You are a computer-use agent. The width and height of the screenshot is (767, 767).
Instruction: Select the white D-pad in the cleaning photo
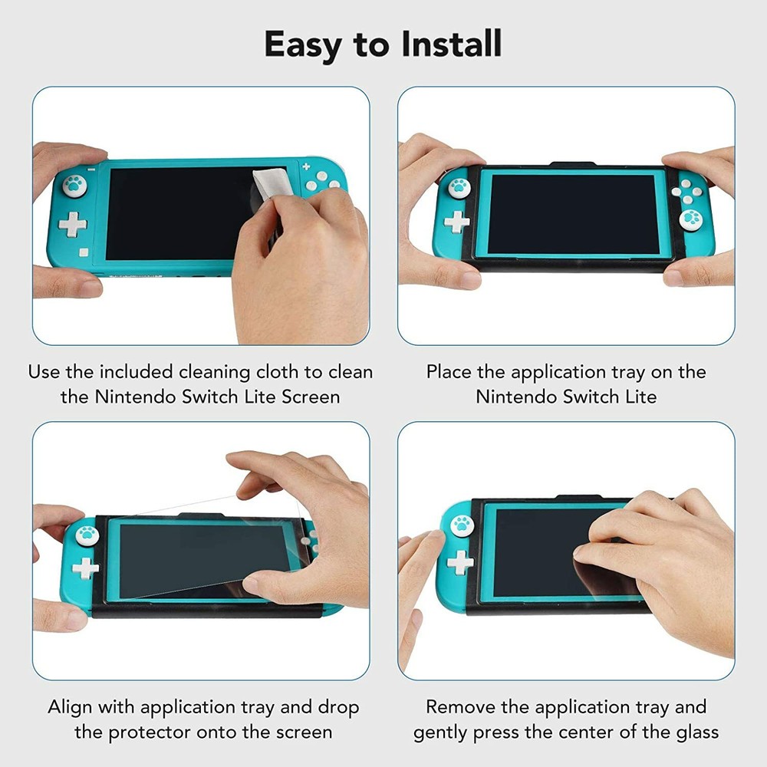click(73, 225)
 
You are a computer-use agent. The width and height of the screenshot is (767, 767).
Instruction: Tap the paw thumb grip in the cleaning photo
click(75, 185)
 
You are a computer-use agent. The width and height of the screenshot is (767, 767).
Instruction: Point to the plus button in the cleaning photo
click(306, 166)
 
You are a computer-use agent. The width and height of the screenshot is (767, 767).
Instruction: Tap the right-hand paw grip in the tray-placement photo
click(690, 219)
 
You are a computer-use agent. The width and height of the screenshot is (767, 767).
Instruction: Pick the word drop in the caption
click(338, 707)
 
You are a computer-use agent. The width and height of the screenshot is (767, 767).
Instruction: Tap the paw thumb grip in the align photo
click(86, 535)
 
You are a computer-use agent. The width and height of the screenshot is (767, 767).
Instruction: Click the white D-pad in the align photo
click(85, 568)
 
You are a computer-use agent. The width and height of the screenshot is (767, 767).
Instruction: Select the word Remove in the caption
click(459, 707)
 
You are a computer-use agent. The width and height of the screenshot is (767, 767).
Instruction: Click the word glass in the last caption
click(695, 732)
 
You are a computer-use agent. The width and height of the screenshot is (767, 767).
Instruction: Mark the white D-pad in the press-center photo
click(460, 563)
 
